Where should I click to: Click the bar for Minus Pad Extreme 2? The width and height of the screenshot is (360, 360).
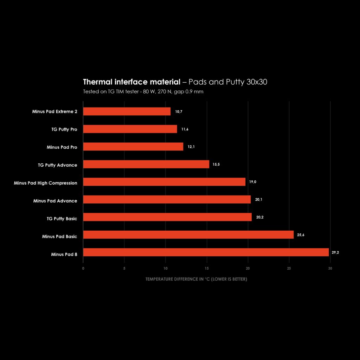point(127,111)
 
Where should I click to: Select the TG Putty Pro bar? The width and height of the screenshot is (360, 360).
point(130,129)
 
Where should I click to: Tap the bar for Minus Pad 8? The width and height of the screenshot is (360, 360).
point(206,252)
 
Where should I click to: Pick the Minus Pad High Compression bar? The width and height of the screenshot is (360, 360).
point(164,182)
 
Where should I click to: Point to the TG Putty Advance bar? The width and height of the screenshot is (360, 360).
point(146,164)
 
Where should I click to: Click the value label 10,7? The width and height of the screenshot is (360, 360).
point(179,111)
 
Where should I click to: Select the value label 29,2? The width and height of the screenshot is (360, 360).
point(335,252)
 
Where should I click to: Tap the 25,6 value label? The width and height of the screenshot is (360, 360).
point(301,235)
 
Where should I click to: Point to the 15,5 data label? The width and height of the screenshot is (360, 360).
point(216,164)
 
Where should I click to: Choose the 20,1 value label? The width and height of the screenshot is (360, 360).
point(259,199)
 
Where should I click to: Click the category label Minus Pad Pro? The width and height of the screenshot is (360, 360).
point(62,147)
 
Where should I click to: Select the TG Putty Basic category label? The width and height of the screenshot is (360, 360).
point(62,219)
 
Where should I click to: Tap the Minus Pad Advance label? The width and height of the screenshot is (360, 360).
point(55,201)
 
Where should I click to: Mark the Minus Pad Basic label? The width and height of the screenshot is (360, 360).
point(59,237)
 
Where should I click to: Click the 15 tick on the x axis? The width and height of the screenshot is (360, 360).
point(207,268)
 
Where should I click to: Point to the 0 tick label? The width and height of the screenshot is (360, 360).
point(83,268)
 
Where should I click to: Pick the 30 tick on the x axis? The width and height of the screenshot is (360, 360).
point(330,268)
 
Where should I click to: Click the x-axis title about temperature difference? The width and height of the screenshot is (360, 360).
point(196,279)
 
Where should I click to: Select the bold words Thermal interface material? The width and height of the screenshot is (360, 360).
point(131,82)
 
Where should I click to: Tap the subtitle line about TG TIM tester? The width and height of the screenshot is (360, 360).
point(143,92)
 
